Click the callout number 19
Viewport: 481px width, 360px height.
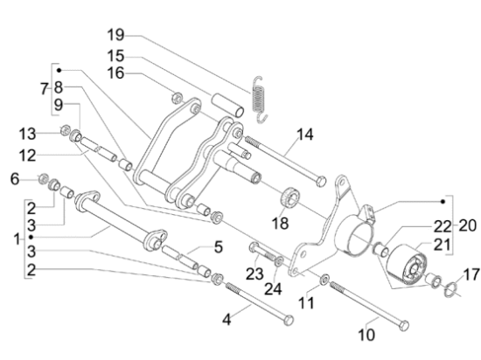click(115, 35)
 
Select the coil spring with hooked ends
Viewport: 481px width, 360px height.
click(260, 100)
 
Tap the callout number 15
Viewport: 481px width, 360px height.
click(115, 56)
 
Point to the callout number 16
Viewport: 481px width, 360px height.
click(115, 73)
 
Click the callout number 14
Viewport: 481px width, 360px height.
click(305, 135)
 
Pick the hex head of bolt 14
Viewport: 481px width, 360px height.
click(321, 182)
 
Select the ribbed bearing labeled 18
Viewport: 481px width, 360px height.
click(289, 197)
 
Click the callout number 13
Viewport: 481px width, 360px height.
click(27, 135)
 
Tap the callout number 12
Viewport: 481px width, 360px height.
click(27, 156)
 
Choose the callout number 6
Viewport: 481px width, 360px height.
click(15, 179)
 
